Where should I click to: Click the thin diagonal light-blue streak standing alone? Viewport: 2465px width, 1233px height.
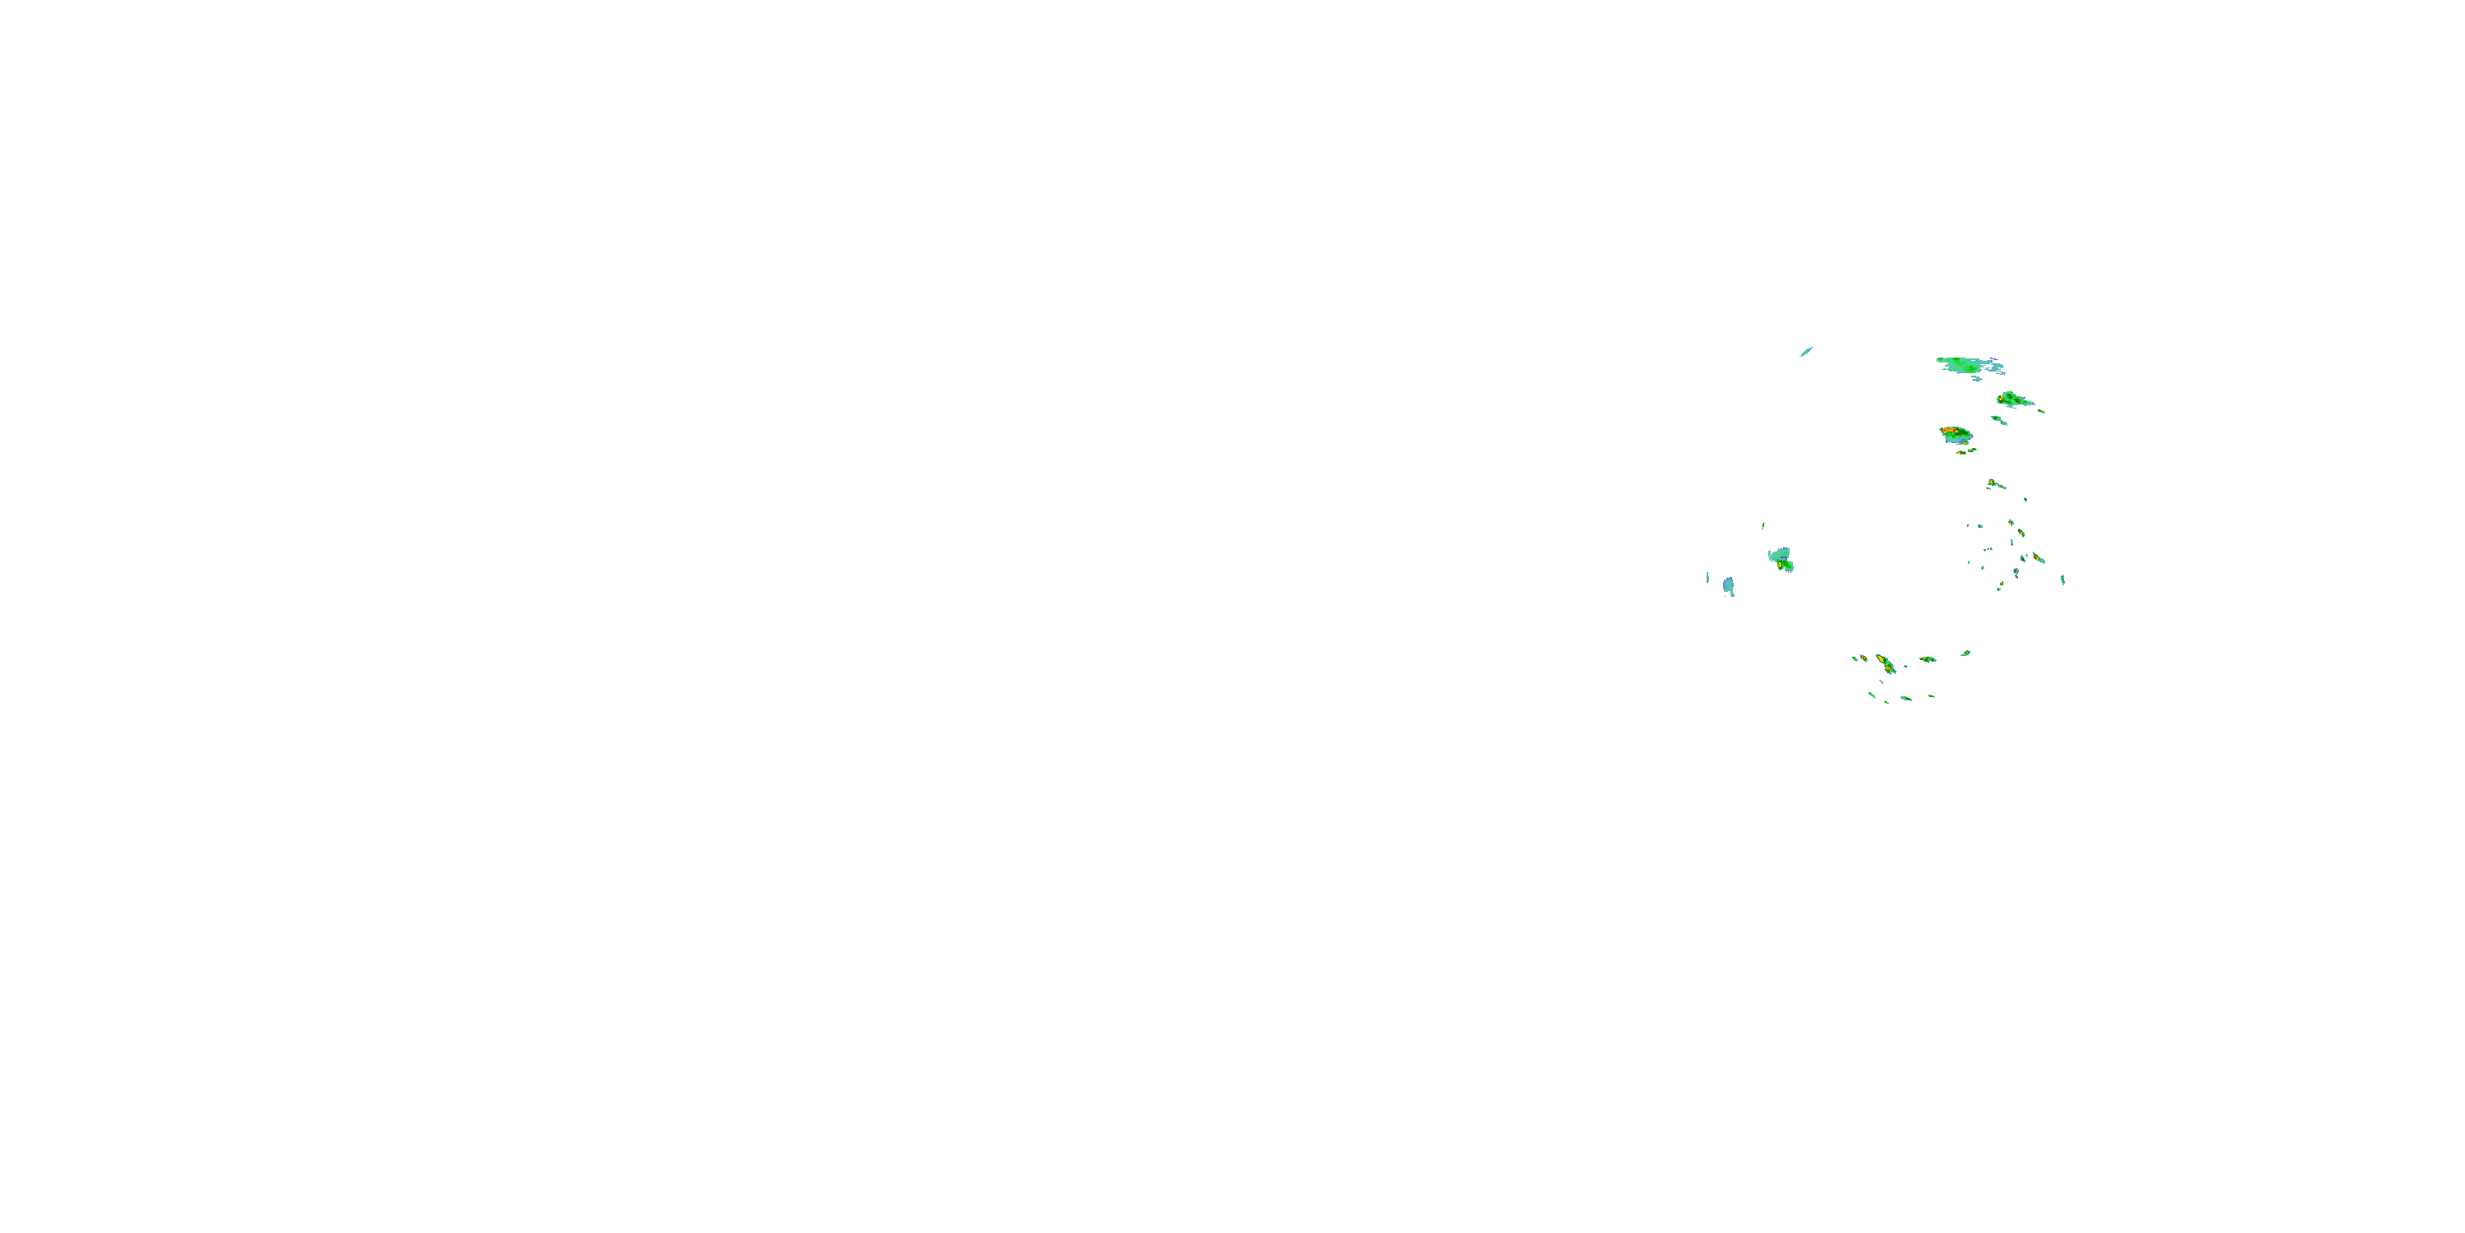click(1806, 353)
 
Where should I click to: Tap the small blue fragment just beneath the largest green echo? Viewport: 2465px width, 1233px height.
click(1976, 379)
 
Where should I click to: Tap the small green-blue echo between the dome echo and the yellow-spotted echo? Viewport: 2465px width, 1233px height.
click(1998, 419)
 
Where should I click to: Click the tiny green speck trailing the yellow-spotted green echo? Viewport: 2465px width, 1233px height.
click(2042, 412)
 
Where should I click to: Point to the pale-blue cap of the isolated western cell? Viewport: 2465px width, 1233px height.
click(1779, 554)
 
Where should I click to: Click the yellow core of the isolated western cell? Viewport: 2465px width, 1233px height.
click(1784, 566)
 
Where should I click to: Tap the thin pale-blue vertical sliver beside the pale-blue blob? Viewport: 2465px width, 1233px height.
click(1707, 576)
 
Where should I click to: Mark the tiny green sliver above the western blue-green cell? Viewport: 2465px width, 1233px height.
click(1762, 525)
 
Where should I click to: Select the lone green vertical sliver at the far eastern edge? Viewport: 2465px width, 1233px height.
click(2062, 580)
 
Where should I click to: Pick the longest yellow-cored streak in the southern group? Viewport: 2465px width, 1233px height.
click(1884, 663)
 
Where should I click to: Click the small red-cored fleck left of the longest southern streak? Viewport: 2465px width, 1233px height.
click(1862, 658)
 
